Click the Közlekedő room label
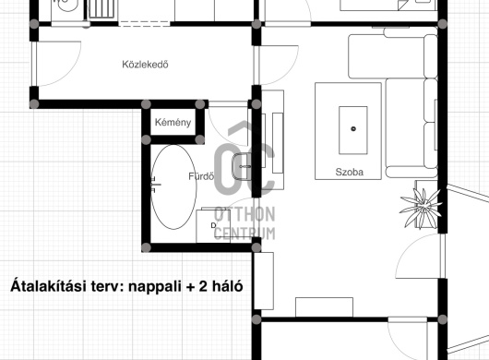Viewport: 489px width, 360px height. pos(146,65)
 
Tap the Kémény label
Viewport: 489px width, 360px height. pos(173,122)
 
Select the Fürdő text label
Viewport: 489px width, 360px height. pos(201,176)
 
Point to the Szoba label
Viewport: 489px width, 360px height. pos(350,172)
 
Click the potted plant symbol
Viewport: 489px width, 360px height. pos(421,208)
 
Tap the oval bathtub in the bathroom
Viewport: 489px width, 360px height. pos(173,187)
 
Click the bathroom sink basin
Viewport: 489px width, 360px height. pos(242,166)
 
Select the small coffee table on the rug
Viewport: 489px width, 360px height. pos(353,130)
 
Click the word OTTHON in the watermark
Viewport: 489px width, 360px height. pos(244,215)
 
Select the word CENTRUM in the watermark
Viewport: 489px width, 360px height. pos(244,233)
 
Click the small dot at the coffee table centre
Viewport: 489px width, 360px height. pos(353,128)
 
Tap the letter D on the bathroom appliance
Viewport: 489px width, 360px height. pos(214,225)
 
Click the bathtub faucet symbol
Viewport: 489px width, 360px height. pos(155,185)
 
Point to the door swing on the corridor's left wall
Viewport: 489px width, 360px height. pos(58,64)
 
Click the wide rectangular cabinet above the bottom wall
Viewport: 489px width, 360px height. pos(325,307)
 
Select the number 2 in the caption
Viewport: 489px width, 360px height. pos(203,286)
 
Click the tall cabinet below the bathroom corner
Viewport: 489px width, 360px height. pos(264,281)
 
